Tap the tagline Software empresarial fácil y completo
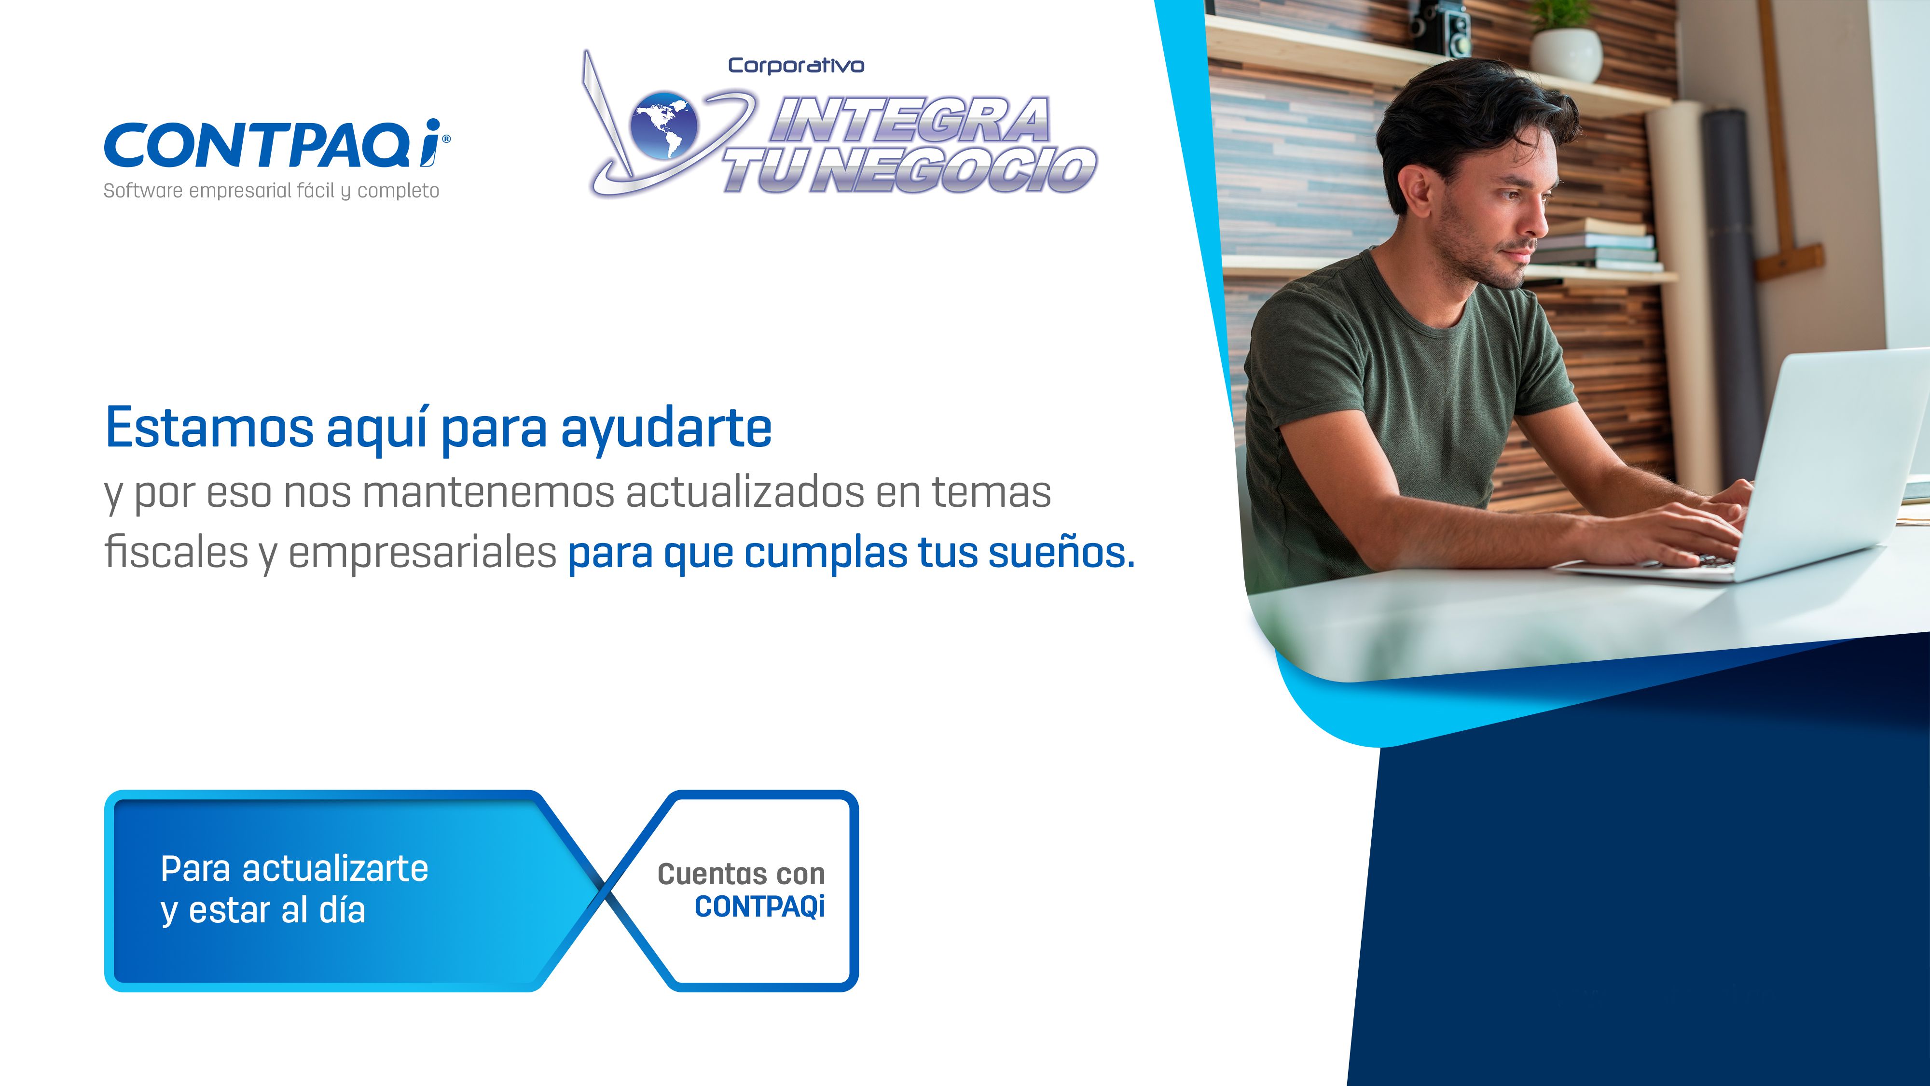271,191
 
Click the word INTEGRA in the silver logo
910,120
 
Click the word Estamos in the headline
210,428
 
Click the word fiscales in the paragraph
177,552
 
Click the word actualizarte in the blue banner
335,869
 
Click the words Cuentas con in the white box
741,874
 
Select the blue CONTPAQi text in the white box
760,907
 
